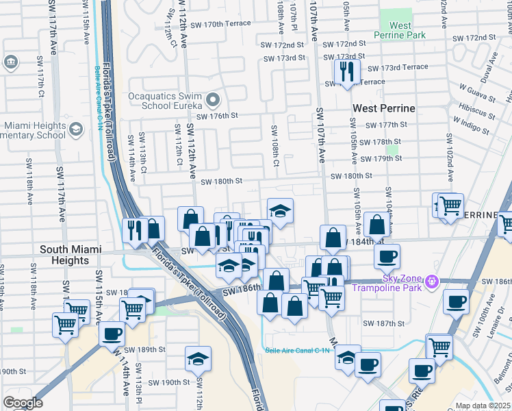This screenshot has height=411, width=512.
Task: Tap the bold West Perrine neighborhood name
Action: [383, 108]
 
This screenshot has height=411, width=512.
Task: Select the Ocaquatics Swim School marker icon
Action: [214, 99]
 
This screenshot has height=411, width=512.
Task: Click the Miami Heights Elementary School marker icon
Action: [77, 129]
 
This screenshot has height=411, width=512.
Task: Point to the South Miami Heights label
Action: [74, 255]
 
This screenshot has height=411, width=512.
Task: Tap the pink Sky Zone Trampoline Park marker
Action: [431, 281]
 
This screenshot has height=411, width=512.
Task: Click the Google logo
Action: [23, 403]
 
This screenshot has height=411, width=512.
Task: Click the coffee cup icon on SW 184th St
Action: [387, 256]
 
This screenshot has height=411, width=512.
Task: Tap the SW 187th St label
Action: [385, 323]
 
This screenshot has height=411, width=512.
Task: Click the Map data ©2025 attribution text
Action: [483, 406]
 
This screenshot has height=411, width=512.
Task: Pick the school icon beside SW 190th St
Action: [198, 358]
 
